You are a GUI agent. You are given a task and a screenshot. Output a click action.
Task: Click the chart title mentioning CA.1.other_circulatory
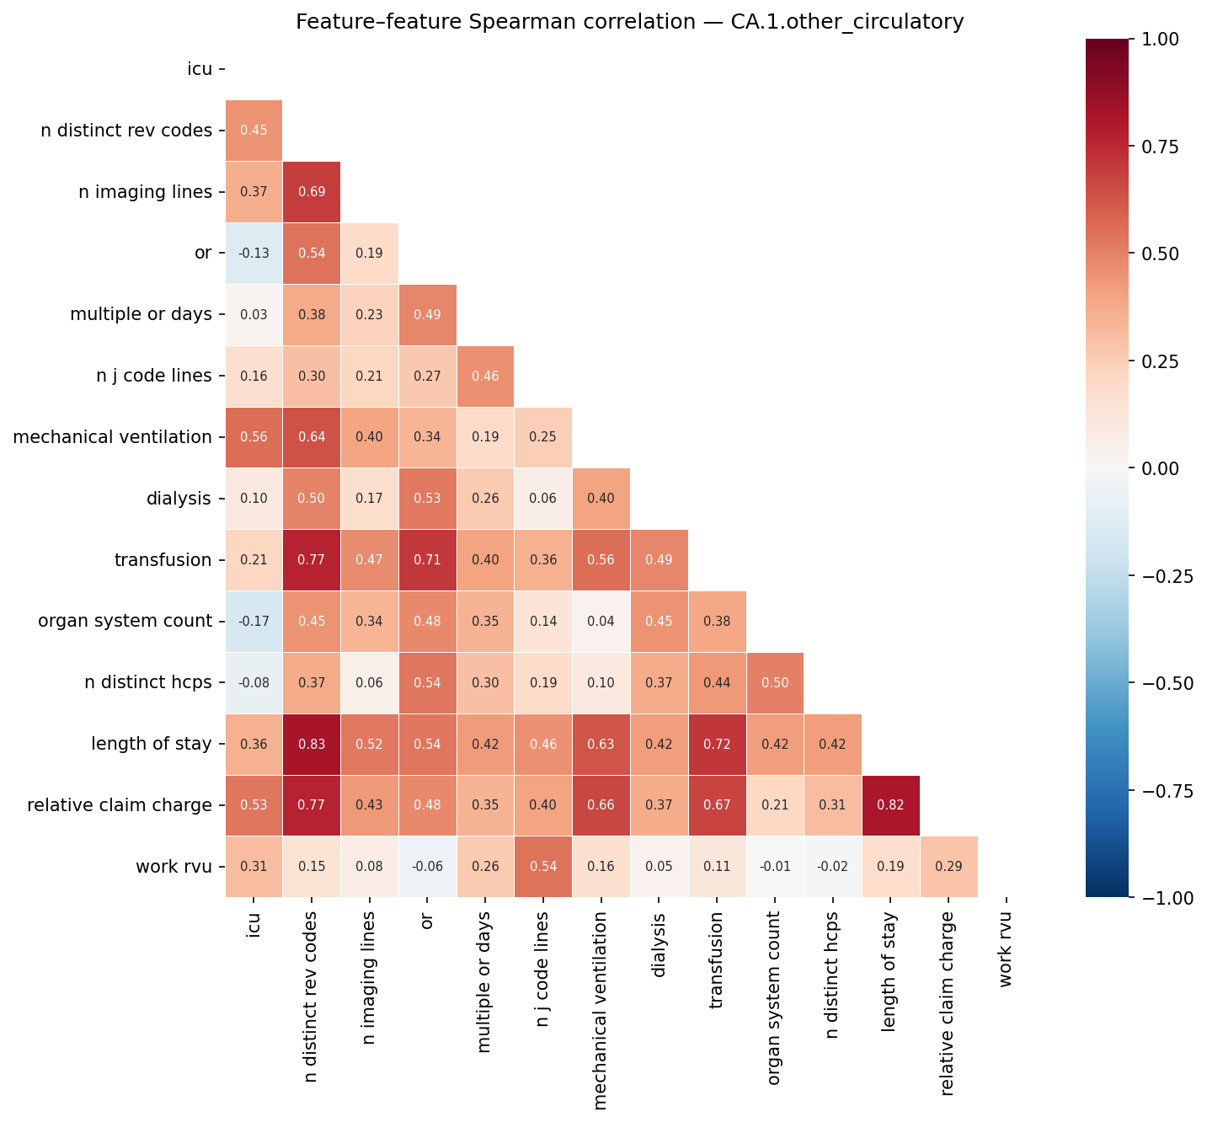(x=629, y=22)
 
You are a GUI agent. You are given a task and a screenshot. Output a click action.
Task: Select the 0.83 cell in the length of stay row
(x=312, y=745)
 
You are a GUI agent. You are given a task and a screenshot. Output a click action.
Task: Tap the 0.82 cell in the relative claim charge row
(x=890, y=805)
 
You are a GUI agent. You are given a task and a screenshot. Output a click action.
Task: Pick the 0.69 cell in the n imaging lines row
(x=312, y=192)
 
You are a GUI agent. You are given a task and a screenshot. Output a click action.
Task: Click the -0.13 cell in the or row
(x=254, y=254)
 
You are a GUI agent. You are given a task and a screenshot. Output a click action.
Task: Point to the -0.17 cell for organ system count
(x=254, y=622)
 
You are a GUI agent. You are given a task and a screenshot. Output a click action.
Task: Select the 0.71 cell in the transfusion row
(x=427, y=560)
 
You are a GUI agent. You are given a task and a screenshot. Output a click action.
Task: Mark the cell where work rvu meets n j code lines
(x=542, y=867)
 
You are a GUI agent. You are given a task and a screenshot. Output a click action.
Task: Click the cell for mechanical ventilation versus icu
(x=254, y=437)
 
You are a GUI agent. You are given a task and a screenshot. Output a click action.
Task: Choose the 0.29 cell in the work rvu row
(x=948, y=867)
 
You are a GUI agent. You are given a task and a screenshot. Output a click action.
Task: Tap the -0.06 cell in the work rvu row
(x=427, y=867)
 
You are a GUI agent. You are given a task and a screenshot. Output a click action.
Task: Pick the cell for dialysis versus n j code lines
(x=542, y=499)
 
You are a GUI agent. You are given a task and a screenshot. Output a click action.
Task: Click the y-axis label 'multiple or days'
(x=141, y=315)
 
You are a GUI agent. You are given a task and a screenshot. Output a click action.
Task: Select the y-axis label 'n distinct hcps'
(x=148, y=683)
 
